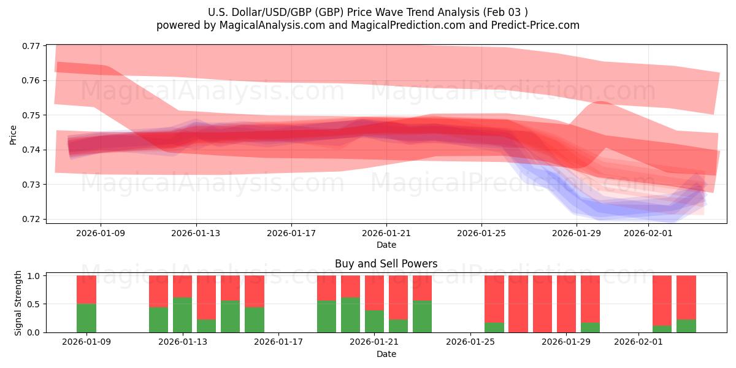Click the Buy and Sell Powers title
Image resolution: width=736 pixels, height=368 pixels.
click(x=386, y=264)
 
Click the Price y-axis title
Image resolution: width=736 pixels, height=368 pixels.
click(x=13, y=134)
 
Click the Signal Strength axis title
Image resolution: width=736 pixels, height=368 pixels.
click(x=18, y=303)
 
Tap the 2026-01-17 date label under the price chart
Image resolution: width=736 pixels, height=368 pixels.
click(x=291, y=233)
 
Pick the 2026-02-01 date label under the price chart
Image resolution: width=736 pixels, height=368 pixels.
click(x=648, y=233)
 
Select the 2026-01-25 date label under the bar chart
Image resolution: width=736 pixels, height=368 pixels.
click(x=470, y=342)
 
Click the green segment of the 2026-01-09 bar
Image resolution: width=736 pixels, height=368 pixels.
click(x=86, y=318)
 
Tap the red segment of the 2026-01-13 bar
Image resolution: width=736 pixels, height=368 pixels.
click(x=182, y=286)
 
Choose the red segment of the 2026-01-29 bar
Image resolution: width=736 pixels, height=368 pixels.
click(x=566, y=303)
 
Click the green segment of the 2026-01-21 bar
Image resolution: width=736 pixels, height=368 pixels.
click(x=374, y=321)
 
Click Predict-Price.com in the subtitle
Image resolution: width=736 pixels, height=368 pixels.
click(x=537, y=25)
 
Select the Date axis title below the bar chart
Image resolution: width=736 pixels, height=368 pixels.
click(x=386, y=354)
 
